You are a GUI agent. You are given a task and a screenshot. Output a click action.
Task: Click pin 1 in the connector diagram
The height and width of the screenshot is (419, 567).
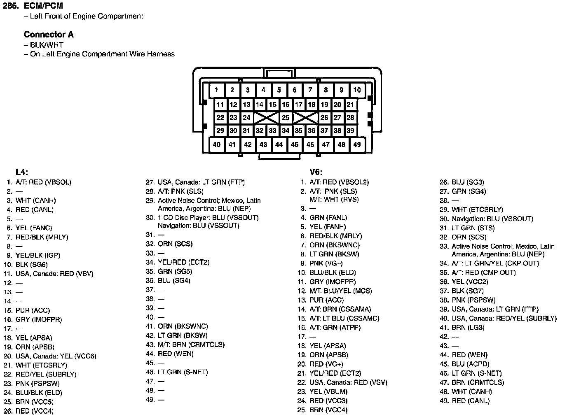point(217,90)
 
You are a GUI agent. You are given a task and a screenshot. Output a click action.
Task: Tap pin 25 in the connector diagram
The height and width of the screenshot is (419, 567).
point(286,118)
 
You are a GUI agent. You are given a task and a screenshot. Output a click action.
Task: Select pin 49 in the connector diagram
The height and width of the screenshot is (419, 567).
point(357,144)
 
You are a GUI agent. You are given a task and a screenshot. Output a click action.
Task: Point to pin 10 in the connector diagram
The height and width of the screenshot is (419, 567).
point(357,90)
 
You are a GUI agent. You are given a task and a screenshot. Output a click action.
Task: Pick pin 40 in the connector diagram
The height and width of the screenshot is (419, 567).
point(217,144)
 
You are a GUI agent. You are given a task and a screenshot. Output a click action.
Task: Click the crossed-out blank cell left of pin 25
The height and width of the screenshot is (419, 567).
point(266,118)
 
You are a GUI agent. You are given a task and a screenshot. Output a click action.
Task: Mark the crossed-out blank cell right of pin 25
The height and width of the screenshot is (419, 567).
point(305,118)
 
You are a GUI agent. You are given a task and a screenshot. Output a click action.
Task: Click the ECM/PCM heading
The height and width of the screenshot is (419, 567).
point(43,6)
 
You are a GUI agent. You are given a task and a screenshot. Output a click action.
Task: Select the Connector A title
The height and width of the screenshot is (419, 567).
point(49,35)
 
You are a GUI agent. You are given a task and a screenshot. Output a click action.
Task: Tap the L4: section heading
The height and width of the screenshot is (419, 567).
point(22,172)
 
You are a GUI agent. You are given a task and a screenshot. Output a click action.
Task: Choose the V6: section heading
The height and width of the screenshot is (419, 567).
point(316,172)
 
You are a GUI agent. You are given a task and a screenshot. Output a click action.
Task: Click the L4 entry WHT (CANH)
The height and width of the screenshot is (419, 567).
point(35,200)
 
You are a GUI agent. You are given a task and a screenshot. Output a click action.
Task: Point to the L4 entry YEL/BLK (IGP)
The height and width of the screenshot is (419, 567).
point(37,255)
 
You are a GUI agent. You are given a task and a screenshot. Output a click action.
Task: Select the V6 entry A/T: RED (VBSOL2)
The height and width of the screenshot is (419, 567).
point(339,182)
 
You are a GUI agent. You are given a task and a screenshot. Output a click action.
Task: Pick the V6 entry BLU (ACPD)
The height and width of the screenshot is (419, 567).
point(470,364)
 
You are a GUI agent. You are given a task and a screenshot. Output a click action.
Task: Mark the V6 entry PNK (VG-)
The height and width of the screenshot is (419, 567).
point(326,263)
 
